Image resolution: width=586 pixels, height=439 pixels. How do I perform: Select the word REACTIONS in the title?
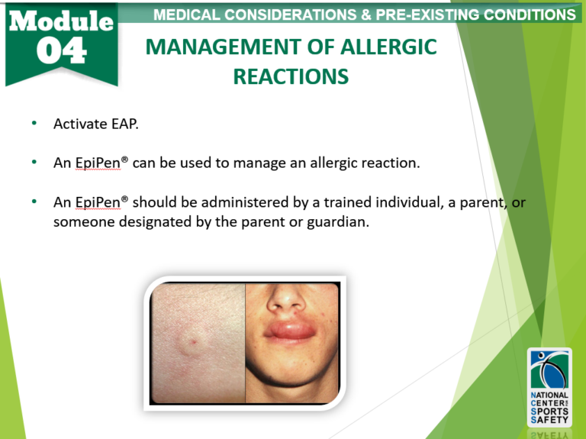pyautogui.click(x=291, y=76)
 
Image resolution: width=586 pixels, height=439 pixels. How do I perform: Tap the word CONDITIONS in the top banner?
pyautogui.click(x=526, y=15)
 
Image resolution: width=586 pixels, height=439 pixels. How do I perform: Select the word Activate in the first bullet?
pyautogui.click(x=79, y=124)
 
